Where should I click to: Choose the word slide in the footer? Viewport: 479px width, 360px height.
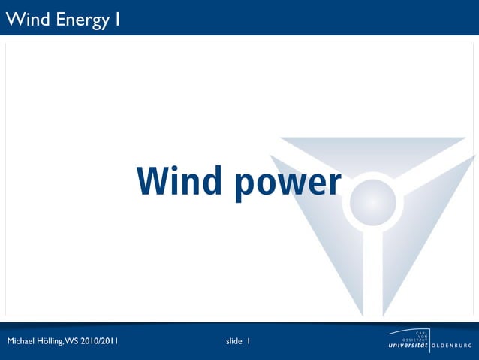pos(233,342)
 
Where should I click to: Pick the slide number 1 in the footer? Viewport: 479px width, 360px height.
pos(249,342)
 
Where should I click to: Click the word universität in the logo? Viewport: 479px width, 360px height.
pos(409,346)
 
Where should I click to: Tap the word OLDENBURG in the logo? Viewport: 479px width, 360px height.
pos(453,346)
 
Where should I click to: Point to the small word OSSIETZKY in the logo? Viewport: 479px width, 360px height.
pos(417,339)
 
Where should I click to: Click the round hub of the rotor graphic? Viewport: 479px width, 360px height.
pos(373,201)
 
